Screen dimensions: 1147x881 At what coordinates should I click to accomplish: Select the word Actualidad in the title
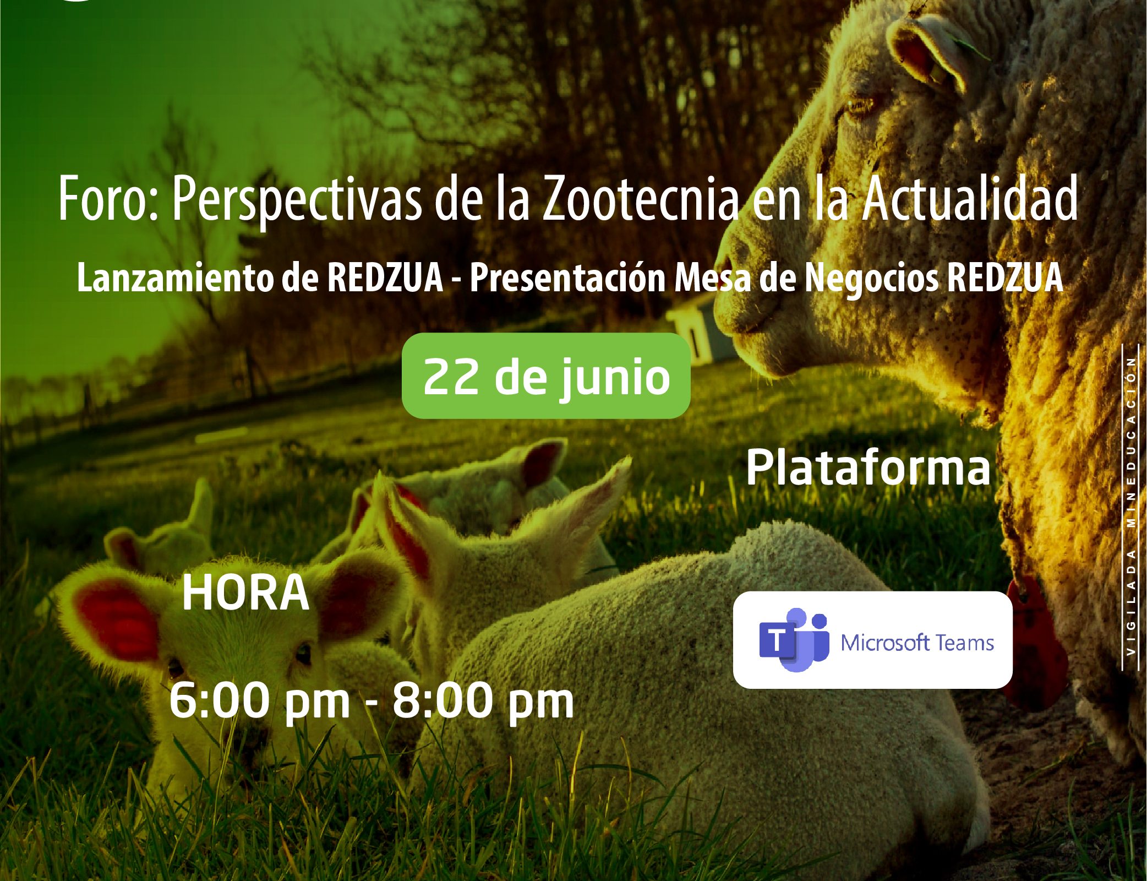[969, 198]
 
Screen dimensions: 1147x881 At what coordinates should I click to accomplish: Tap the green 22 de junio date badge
[546, 376]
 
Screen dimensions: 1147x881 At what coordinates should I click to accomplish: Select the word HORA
[245, 592]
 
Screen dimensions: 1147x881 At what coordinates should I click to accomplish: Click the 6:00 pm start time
[260, 701]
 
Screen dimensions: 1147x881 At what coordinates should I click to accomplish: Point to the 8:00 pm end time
[483, 701]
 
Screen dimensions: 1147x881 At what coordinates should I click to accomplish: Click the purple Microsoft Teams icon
[794, 640]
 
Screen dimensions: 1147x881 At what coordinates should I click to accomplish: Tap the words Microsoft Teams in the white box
[917, 643]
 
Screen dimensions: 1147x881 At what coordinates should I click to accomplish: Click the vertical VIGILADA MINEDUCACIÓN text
[1131, 505]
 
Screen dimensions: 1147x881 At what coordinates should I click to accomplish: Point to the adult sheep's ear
[930, 52]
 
